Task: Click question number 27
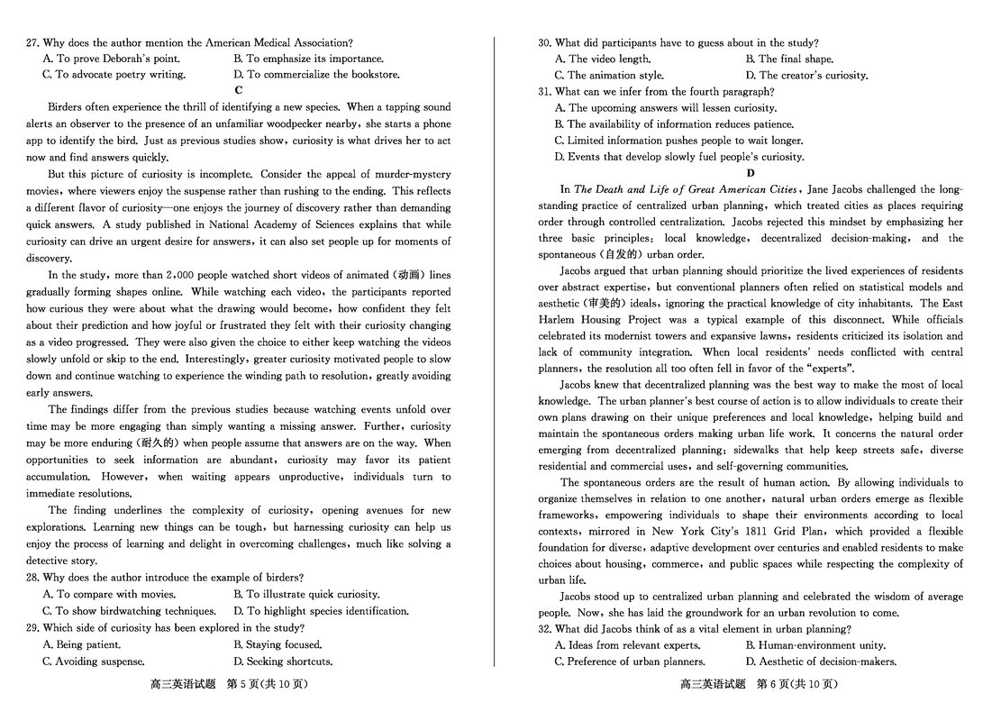[33, 42]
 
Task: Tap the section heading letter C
[239, 90]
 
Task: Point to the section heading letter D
[751, 173]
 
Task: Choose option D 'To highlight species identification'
[321, 611]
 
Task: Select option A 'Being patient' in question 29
[82, 644]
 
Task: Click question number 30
[546, 42]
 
